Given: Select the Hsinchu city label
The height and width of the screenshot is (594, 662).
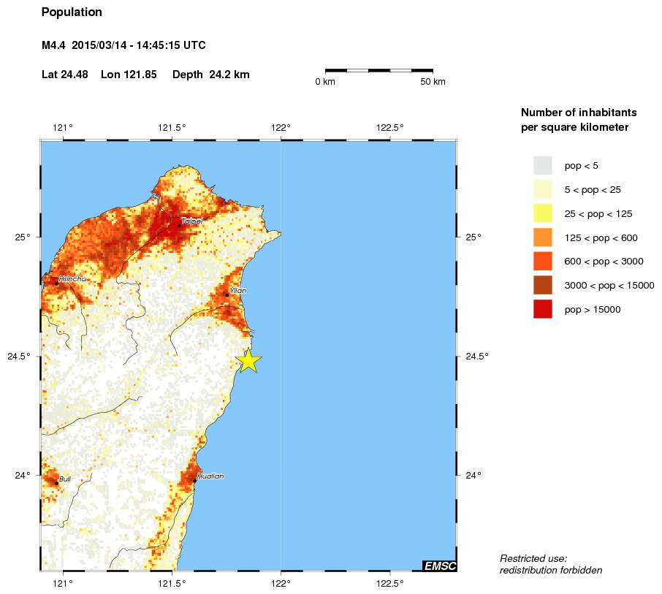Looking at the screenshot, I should [x=72, y=278].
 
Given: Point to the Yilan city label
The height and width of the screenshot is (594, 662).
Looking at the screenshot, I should [x=237, y=290].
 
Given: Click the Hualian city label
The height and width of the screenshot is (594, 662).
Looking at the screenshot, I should [x=210, y=476].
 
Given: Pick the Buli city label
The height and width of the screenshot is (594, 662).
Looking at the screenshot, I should [x=65, y=479].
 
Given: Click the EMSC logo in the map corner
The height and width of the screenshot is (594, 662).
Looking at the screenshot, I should [x=439, y=565].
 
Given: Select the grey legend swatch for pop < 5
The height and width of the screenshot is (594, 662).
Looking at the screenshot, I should [x=543, y=166].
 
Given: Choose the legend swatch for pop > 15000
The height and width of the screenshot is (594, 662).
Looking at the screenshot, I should [x=543, y=310].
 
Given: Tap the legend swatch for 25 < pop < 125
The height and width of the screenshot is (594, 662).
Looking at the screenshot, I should [x=543, y=213].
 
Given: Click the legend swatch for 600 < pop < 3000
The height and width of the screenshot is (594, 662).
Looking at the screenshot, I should [x=543, y=262].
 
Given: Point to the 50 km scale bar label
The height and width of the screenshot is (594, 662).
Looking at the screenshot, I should [x=433, y=82].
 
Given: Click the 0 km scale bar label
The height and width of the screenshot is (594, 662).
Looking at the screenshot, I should [x=325, y=82].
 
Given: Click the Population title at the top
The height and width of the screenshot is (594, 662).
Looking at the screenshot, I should [x=72, y=12].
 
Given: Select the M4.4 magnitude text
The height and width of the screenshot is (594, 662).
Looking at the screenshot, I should [x=54, y=45].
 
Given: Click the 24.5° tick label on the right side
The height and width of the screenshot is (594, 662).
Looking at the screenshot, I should [x=477, y=357].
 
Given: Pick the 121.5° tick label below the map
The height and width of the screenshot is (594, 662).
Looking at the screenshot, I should [x=172, y=583].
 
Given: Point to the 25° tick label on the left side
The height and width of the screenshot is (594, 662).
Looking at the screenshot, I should [x=24, y=237].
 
